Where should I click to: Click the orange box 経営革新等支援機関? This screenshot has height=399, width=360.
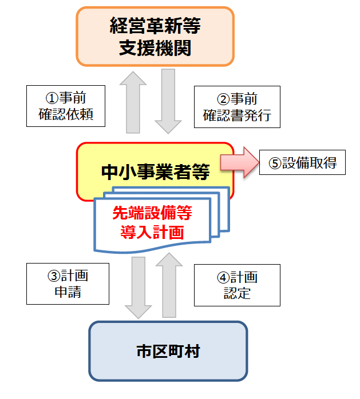[155, 37]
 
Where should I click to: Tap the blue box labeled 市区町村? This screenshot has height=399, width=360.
[168, 351]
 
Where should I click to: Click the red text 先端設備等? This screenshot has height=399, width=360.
[152, 213]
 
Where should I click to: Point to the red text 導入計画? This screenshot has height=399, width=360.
[152, 232]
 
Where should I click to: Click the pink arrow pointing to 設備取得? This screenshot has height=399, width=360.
[239, 162]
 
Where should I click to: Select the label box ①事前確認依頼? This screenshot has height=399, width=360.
[66, 106]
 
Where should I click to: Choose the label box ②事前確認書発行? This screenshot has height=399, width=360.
[237, 107]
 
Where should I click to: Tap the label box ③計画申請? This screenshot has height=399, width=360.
[68, 284]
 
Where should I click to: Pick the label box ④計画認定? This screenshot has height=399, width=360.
[237, 285]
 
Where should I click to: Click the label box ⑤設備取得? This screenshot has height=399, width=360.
[302, 162]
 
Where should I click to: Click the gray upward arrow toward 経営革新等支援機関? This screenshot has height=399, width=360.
[133, 102]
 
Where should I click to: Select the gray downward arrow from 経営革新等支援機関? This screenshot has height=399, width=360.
[168, 101]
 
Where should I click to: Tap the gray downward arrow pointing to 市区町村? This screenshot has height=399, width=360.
[139, 288]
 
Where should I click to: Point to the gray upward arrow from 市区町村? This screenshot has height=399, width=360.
[169, 285]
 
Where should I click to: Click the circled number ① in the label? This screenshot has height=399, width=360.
[52, 98]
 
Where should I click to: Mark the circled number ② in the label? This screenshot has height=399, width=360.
[223, 99]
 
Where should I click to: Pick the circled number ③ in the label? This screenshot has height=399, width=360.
[54, 276]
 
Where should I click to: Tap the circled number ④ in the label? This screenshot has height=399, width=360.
[223, 277]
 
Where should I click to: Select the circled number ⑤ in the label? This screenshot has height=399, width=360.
[275, 163]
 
